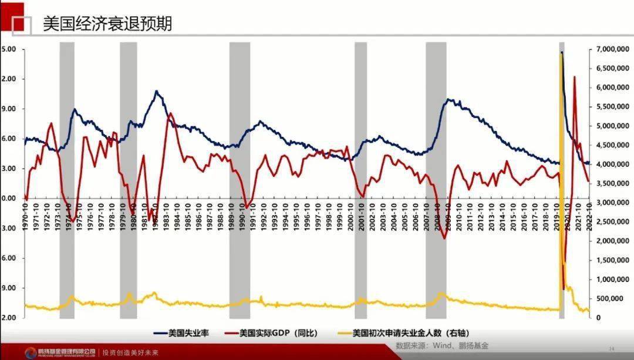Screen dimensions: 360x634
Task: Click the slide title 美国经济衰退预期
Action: [x=107, y=24]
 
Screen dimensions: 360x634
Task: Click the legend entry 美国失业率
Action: [x=188, y=333]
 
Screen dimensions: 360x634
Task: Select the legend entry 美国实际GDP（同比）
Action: [x=278, y=333]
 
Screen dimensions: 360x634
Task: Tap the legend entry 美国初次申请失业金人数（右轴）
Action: [x=410, y=333]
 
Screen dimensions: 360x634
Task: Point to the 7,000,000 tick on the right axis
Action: [x=611, y=49]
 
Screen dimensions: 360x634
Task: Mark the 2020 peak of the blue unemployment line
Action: [x=562, y=52]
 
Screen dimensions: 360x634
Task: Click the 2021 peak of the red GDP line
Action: [x=574, y=77]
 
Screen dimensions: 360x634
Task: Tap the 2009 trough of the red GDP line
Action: [x=444, y=238]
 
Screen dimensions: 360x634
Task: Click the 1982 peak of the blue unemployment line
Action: [x=156, y=91]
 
